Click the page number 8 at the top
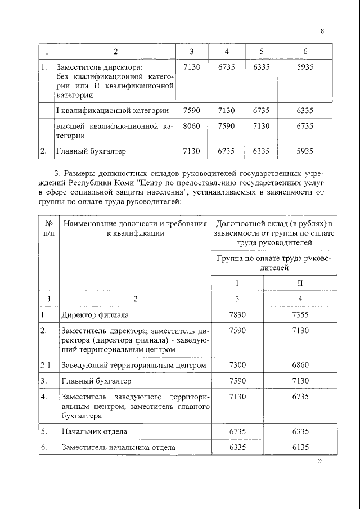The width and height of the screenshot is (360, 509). pos(322,31)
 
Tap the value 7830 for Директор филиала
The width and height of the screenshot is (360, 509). pos(238,315)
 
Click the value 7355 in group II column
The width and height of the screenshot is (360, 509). pos(300,315)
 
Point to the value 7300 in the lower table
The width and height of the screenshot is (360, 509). pos(238,366)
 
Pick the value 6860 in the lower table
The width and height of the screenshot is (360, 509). pos(300,366)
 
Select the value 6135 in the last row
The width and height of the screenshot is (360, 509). pos(300,448)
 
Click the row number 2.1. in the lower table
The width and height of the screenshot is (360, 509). pos(48,366)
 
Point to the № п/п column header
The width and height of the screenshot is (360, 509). pos(48,229)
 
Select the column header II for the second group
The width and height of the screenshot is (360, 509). pos(300,283)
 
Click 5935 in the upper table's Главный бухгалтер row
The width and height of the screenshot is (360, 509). pos(305,151)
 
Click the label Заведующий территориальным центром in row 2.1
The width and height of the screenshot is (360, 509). pos(130,366)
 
